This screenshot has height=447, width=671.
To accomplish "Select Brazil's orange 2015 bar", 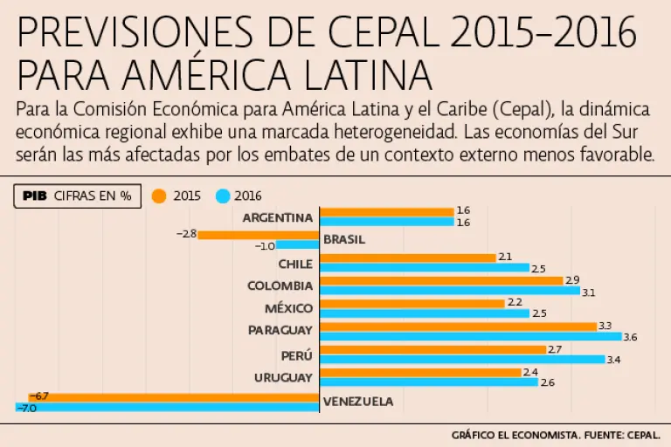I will pyautogui.click(x=259, y=235).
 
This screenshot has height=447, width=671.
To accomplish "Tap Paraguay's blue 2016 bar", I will pyautogui.click(x=471, y=337).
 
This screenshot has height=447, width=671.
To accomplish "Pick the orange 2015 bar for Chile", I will pyautogui.click(x=408, y=258).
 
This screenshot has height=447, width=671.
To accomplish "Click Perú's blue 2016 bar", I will pyautogui.click(x=463, y=360).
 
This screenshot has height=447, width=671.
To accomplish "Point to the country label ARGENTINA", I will pyautogui.click(x=277, y=217).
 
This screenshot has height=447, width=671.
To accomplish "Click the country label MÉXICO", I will pyautogui.click(x=288, y=308).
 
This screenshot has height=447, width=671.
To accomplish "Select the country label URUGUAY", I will pyautogui.click(x=283, y=377).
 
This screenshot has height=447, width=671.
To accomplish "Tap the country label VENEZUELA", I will pyautogui.click(x=358, y=402).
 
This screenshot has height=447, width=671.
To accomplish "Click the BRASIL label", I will pyautogui.click(x=343, y=239).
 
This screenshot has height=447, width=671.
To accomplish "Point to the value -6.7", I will pyautogui.click(x=39, y=396).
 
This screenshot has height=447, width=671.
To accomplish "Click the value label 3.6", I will pyautogui.click(x=630, y=337).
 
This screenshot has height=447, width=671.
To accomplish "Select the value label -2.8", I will pyautogui.click(x=186, y=234).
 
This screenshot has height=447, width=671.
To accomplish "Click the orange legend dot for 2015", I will pyautogui.click(x=159, y=196).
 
